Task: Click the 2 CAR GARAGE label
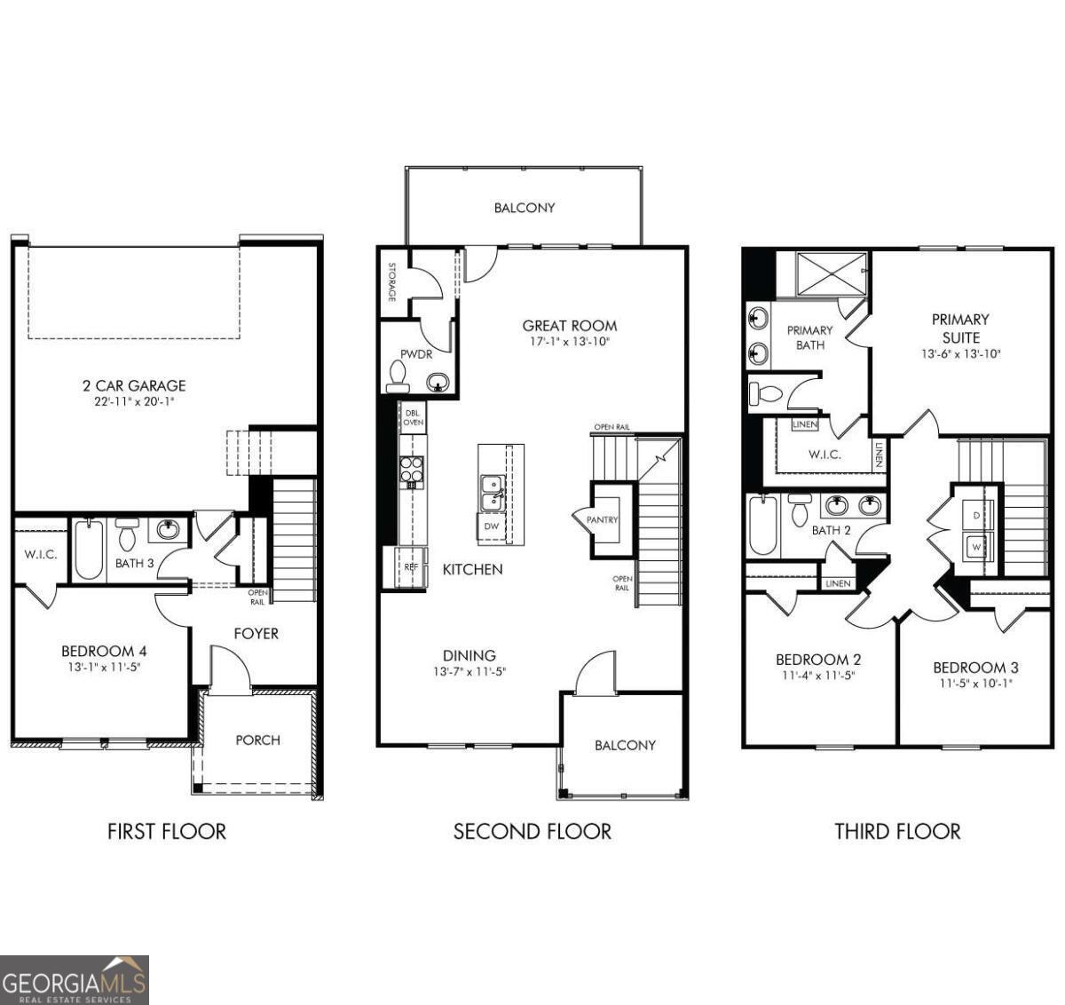click(134, 385)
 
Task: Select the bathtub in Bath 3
click(88, 550)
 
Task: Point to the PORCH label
click(257, 740)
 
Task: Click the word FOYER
click(256, 633)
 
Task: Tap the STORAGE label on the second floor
click(390, 281)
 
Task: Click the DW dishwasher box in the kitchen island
click(491, 526)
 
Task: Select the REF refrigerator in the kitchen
click(410, 566)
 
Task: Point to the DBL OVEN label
click(414, 417)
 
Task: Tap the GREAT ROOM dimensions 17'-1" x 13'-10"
click(569, 342)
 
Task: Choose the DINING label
click(469, 655)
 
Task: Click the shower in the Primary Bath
click(831, 273)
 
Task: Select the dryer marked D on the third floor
click(976, 515)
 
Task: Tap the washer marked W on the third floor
click(976, 547)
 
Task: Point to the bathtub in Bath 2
click(763, 525)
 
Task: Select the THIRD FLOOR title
click(897, 831)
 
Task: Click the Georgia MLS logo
click(75, 980)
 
